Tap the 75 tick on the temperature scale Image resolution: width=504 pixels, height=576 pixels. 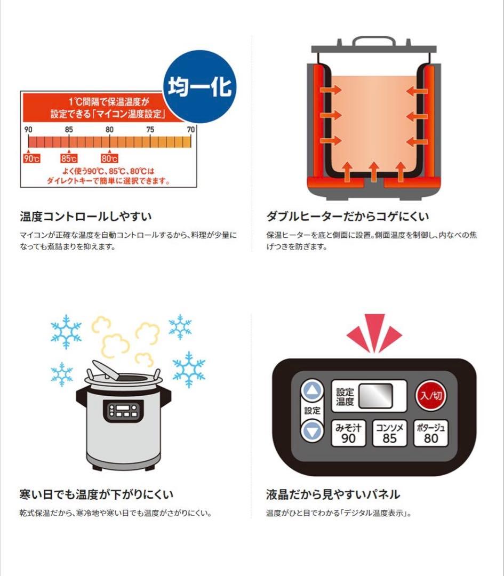(x=150, y=130)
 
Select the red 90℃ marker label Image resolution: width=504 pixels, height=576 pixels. (x=31, y=158)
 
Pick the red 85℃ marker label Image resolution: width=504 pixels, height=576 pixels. (x=69, y=158)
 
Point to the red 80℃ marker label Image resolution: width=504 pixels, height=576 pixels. (x=109, y=158)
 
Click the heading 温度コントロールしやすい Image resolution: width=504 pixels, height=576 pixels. (x=86, y=217)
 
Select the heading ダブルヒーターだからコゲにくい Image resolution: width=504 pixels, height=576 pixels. (x=348, y=217)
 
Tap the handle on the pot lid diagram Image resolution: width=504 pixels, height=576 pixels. (x=374, y=42)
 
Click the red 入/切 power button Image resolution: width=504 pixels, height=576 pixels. (x=430, y=396)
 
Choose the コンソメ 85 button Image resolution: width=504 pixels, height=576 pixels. (x=390, y=433)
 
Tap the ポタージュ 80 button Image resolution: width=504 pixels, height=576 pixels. (x=431, y=433)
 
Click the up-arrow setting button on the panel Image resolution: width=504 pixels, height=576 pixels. (x=313, y=391)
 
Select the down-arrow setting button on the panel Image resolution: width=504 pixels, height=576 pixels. (x=313, y=430)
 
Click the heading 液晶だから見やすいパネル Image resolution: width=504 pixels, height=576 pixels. (x=333, y=494)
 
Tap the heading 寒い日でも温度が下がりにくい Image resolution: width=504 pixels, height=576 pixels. (x=96, y=494)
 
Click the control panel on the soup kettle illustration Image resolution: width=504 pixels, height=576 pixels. (x=123, y=411)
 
